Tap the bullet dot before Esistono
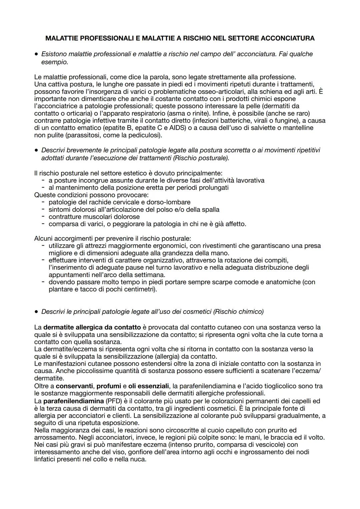tap(36, 54)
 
